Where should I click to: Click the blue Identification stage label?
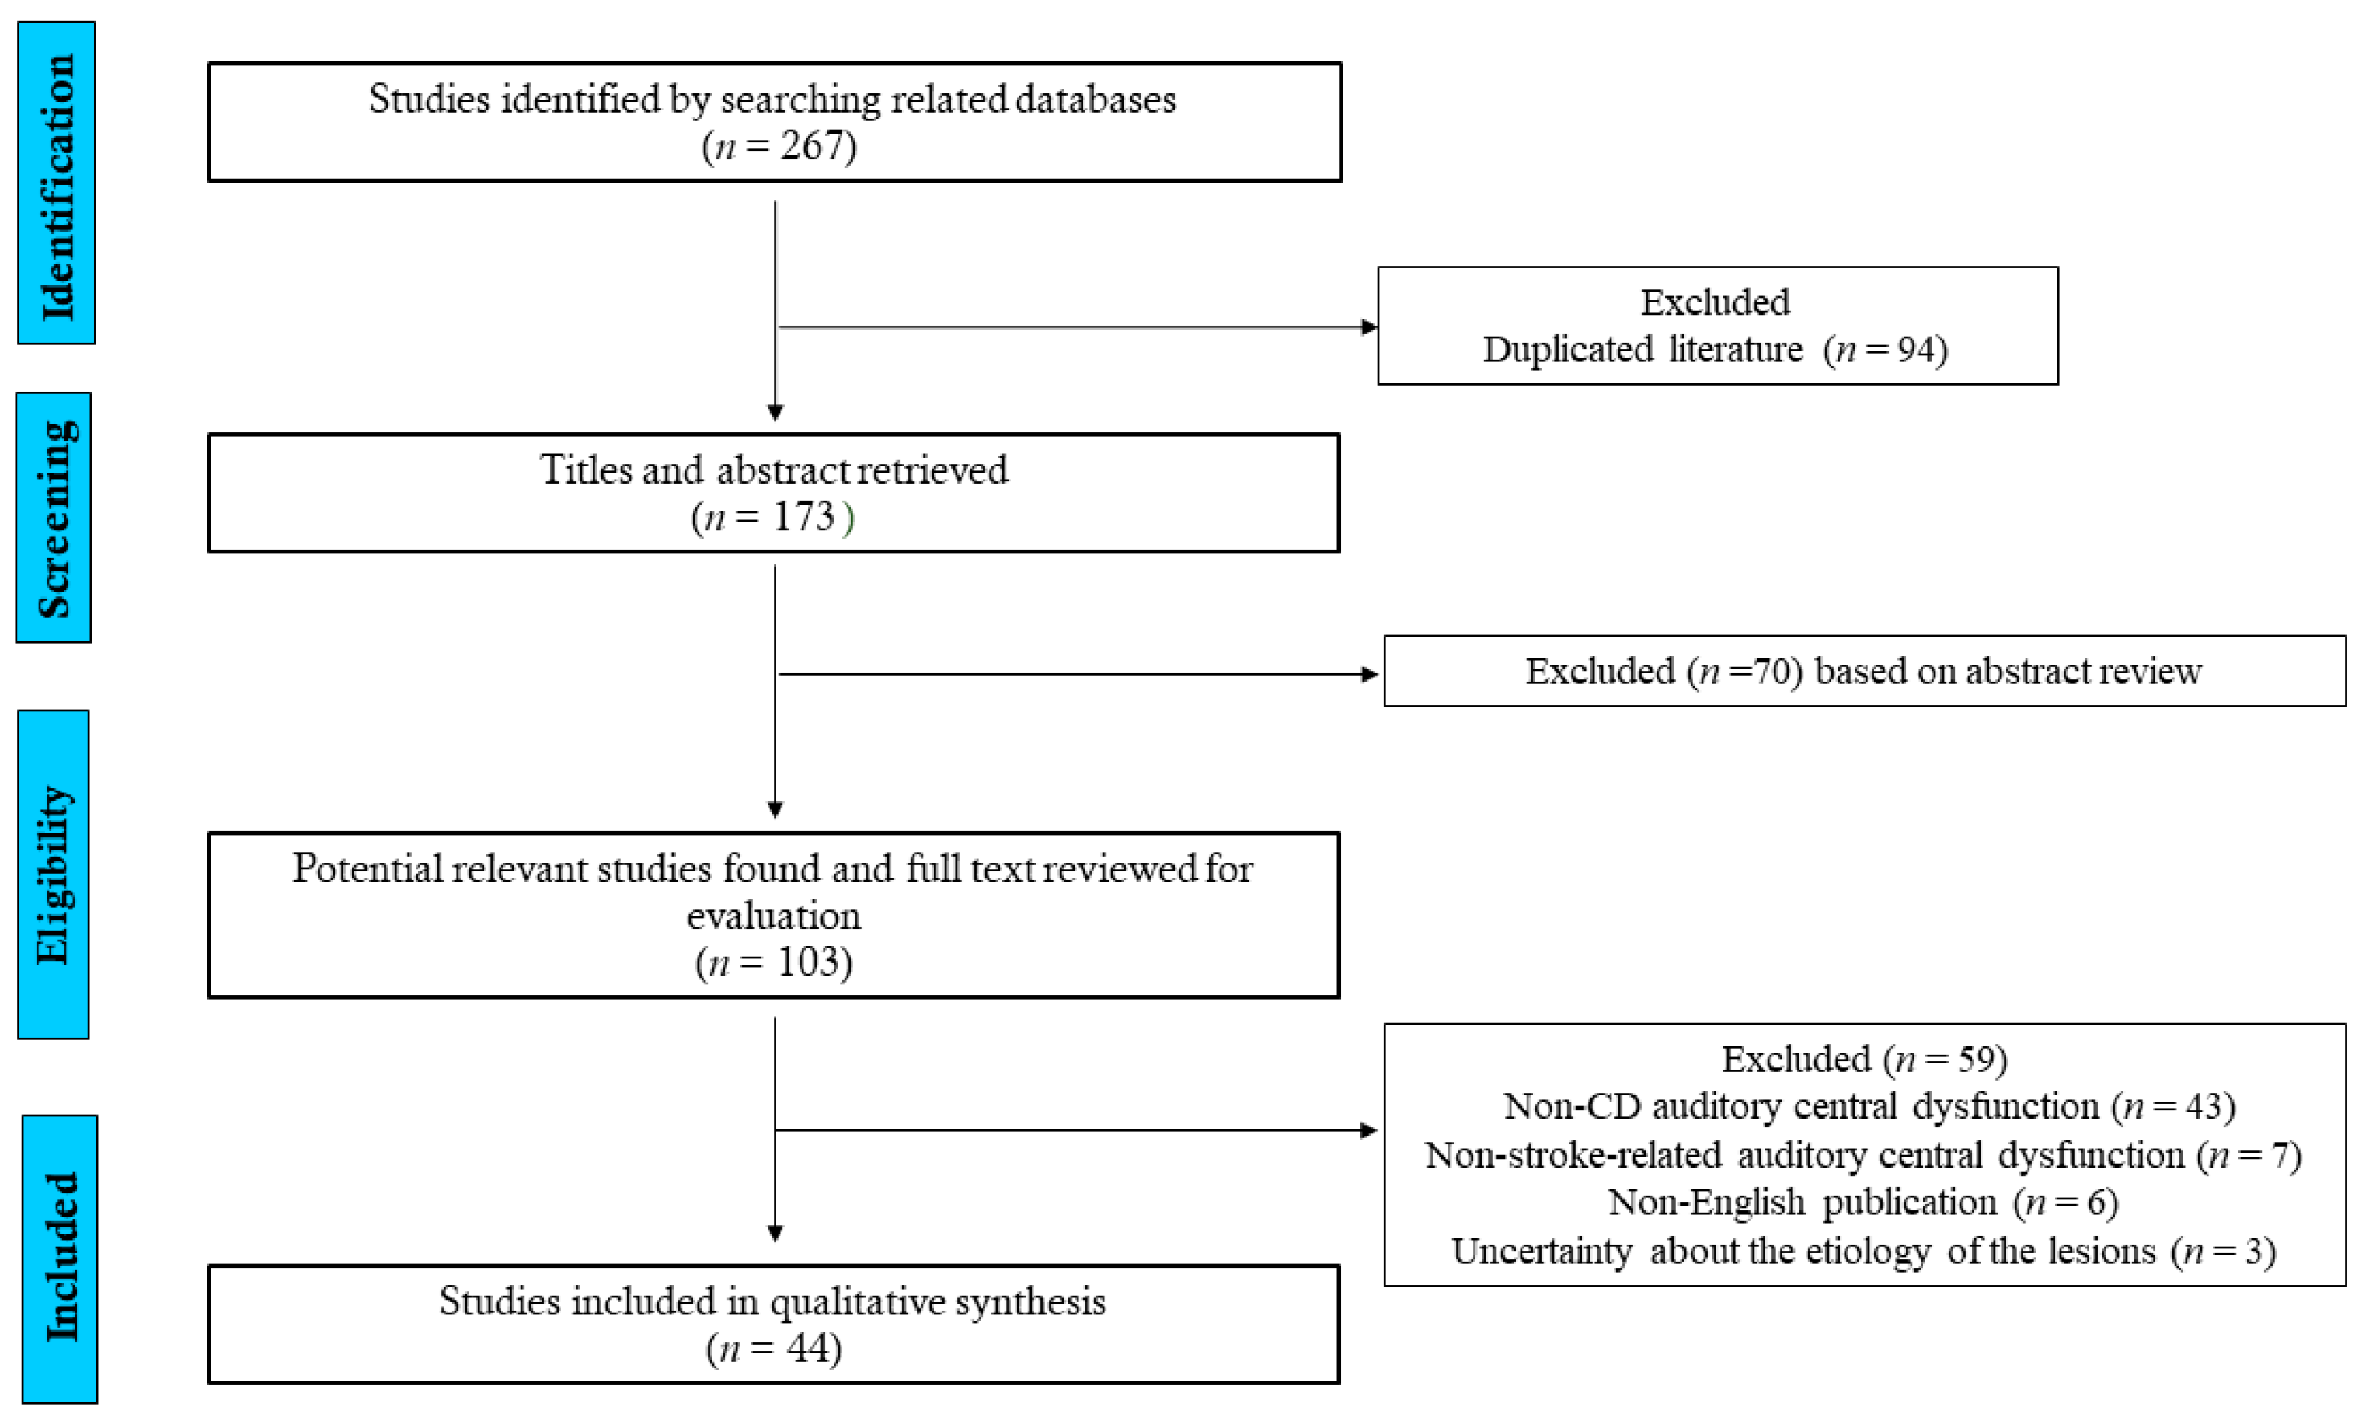coord(56,183)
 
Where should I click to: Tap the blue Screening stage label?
coord(54,518)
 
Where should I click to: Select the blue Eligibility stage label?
coord(54,874)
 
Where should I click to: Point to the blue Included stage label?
coord(59,1258)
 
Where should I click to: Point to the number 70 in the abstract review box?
coord(1773,672)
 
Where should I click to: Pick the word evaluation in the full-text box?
coord(773,916)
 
